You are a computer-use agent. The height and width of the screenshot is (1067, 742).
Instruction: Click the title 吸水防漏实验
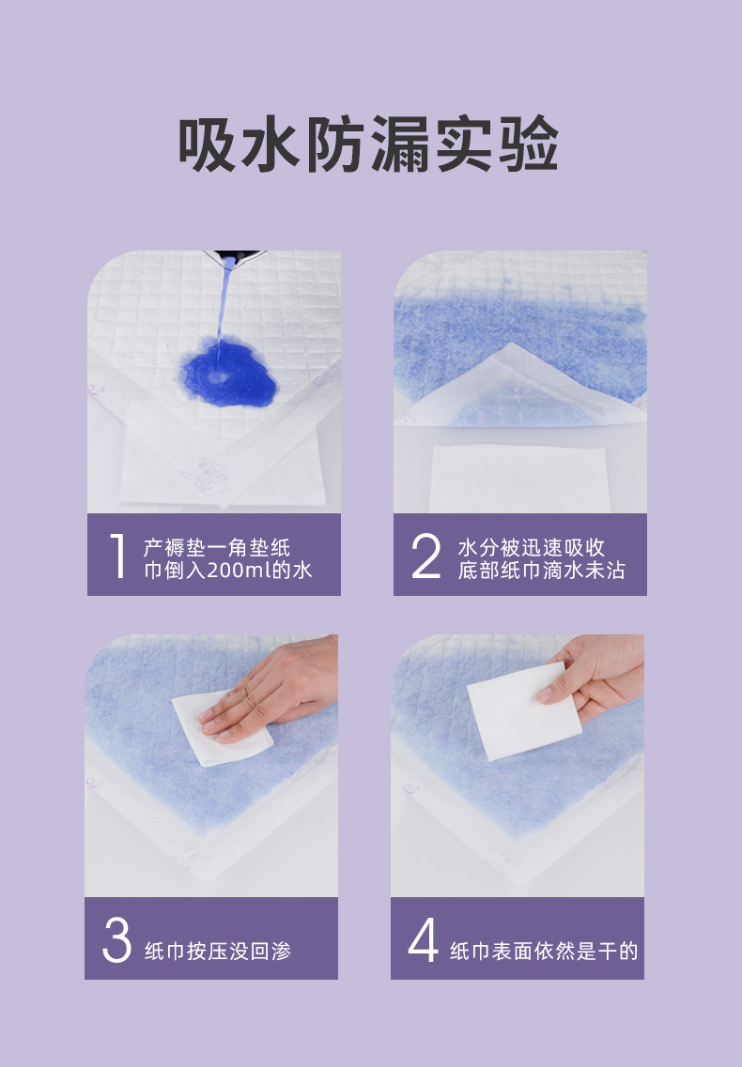368,144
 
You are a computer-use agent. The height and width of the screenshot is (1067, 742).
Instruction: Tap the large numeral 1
118,556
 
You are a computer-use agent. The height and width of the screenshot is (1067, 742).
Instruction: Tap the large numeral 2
426,556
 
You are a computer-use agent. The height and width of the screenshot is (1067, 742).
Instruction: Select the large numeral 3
116,939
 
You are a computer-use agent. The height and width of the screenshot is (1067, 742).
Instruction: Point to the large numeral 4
423,939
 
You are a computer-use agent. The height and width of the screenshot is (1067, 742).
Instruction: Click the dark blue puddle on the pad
229,375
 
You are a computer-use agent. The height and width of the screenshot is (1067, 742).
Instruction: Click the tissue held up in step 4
523,711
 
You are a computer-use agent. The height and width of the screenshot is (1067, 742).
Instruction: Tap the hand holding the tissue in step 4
592,678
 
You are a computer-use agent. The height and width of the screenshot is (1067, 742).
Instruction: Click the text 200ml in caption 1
240,571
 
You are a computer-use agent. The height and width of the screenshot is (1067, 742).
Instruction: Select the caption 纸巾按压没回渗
217,951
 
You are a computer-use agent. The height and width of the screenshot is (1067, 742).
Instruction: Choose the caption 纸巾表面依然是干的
543,951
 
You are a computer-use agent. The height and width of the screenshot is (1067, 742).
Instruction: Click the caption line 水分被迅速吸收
531,548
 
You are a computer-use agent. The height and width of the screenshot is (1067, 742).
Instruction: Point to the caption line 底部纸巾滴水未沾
541,571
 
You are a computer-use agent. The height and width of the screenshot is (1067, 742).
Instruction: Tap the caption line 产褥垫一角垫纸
217,548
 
